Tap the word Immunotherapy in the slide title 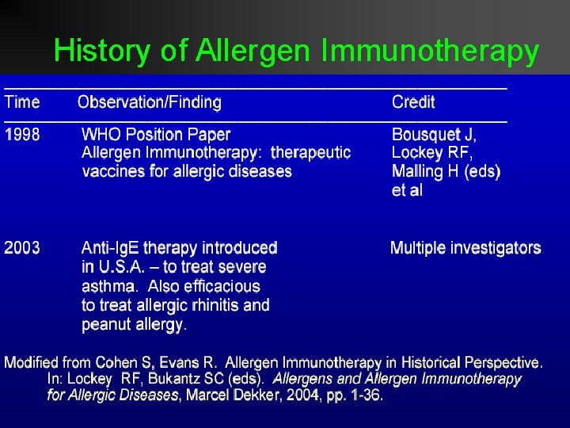click(x=430, y=51)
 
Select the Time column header click(x=22, y=102)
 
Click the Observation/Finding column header click(x=150, y=102)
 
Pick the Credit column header click(x=413, y=102)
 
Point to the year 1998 click(x=22, y=135)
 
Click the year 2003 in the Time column click(x=22, y=248)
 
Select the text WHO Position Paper click(x=156, y=135)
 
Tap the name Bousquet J click(x=435, y=135)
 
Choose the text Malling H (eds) click(x=446, y=171)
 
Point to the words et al click(x=407, y=190)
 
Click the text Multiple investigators click(x=465, y=248)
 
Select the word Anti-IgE click(x=110, y=248)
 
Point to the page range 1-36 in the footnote click(x=366, y=395)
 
